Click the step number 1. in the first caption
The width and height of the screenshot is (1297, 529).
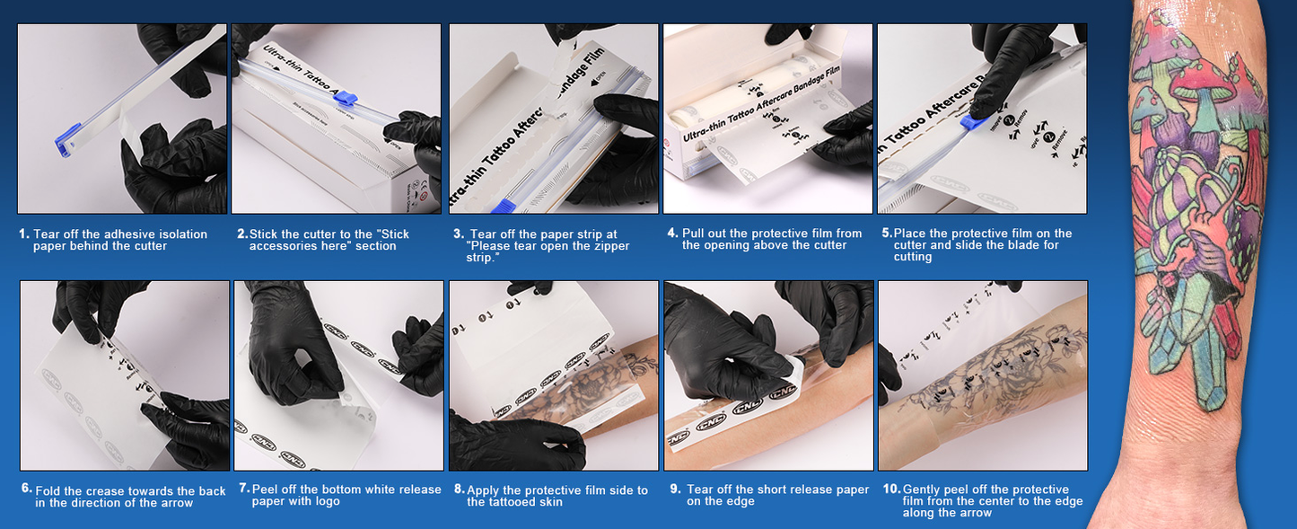point(23,234)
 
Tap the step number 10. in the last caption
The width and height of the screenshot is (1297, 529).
point(891,489)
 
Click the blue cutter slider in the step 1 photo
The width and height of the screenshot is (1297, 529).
point(67,139)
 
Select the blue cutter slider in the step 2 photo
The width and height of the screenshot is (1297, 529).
point(346,99)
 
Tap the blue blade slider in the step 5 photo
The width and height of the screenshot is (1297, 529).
point(975,121)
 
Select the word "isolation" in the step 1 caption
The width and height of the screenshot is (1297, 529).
point(181,234)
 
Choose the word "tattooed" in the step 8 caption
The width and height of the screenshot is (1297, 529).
point(514,502)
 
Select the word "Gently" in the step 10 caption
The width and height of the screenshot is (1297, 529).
point(922,489)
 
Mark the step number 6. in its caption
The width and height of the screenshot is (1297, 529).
point(27,489)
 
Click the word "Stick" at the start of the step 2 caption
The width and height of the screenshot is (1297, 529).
point(264,234)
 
